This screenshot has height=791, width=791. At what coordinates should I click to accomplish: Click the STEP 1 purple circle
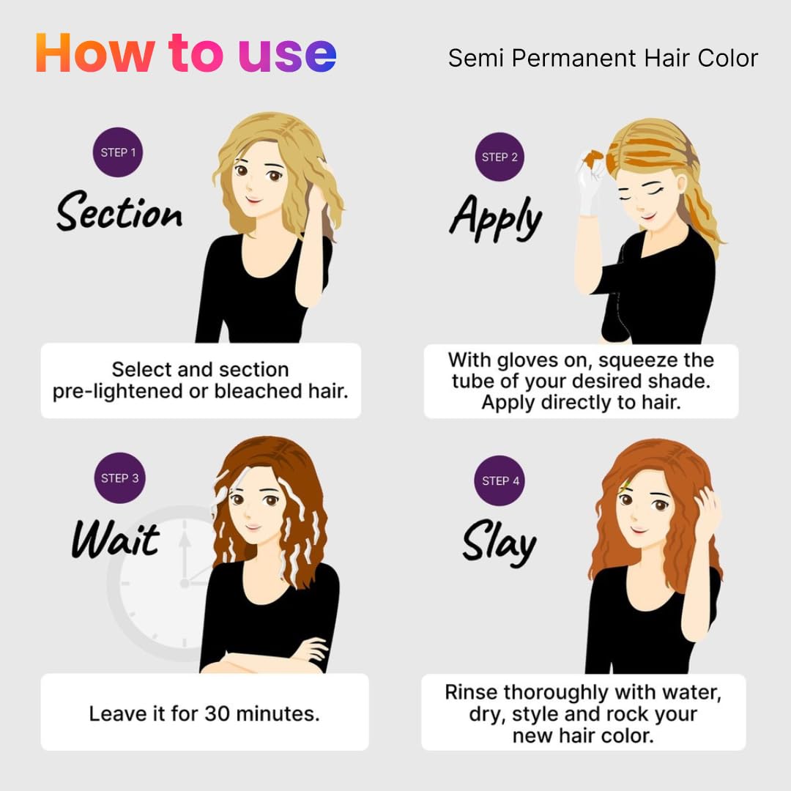(x=117, y=152)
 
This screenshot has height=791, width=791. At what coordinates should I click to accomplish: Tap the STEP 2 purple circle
(x=500, y=157)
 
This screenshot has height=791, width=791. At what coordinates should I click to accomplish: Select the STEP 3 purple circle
(x=119, y=478)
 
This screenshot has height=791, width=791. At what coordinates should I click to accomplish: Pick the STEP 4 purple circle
(x=500, y=480)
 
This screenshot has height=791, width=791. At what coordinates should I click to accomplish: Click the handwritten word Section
(x=119, y=212)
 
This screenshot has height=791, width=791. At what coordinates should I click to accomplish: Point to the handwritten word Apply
(x=496, y=218)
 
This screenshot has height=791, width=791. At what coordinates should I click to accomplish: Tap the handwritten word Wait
(x=116, y=539)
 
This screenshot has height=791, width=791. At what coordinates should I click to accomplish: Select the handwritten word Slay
(x=500, y=542)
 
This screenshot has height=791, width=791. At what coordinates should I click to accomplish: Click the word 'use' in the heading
(x=287, y=54)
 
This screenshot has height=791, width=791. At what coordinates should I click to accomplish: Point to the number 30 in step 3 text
(x=217, y=714)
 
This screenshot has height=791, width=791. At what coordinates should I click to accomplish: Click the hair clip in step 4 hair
(x=625, y=486)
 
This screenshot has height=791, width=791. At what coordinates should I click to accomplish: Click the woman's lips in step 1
(x=253, y=200)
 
